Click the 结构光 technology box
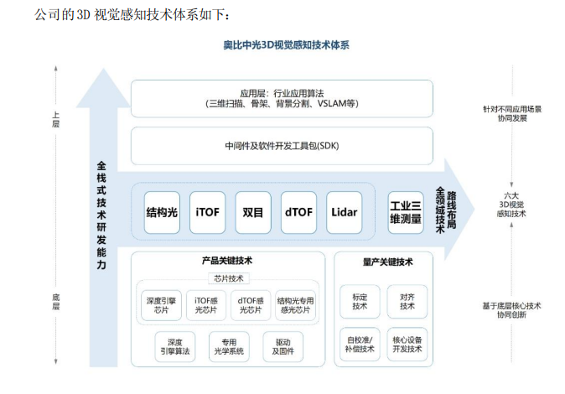tap(163, 212)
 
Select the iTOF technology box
tap(207, 212)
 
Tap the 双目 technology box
tap(252, 212)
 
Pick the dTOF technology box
tap(298, 212)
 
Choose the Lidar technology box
tap(344, 212)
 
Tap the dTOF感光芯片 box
tap(250, 305)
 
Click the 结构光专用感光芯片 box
tap(294, 305)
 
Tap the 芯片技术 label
tap(227, 277)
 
